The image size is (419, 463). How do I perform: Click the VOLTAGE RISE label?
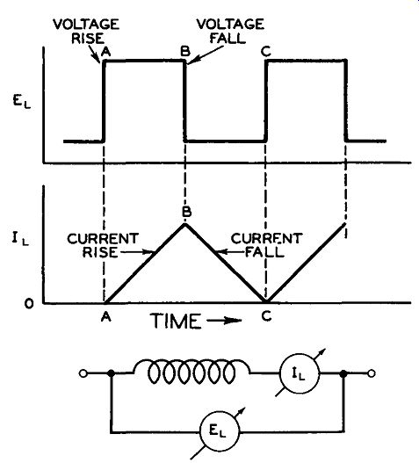[86, 32]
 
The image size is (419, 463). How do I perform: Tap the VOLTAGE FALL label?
[230, 31]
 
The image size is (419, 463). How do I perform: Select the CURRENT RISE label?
[103, 245]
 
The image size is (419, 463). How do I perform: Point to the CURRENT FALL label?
[267, 245]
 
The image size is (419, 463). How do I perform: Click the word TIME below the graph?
[176, 321]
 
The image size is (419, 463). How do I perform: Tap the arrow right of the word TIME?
[224, 321]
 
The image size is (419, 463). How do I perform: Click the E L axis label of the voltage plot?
[22, 102]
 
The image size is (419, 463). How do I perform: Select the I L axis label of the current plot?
[20, 239]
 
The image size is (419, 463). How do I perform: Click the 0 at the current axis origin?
[29, 304]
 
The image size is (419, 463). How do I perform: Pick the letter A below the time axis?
[106, 317]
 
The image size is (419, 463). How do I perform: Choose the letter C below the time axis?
[266, 316]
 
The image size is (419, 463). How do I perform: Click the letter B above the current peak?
[186, 212]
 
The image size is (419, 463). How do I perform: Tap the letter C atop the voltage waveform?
[266, 52]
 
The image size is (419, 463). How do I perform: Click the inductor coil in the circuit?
[191, 371]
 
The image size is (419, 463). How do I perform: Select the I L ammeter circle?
[300, 373]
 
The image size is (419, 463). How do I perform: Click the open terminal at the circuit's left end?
[83, 373]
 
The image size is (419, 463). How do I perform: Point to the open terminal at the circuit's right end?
[372, 373]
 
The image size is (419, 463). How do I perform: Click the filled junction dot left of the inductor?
[111, 373]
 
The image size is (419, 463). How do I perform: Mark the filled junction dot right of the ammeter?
[343, 373]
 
